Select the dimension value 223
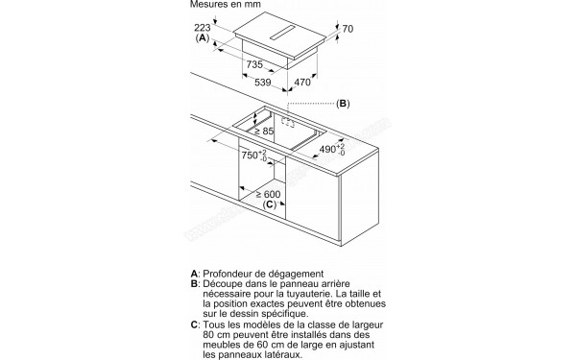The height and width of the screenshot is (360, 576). (203, 29)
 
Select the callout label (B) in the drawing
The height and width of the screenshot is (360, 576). (344, 103)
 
